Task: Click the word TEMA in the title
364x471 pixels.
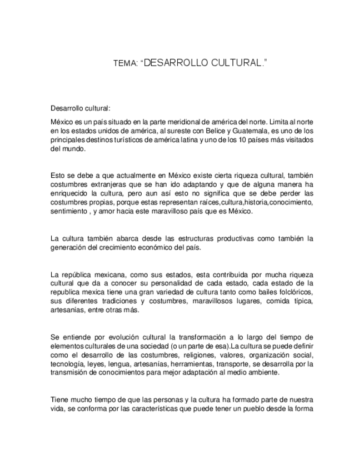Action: point(122,65)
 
